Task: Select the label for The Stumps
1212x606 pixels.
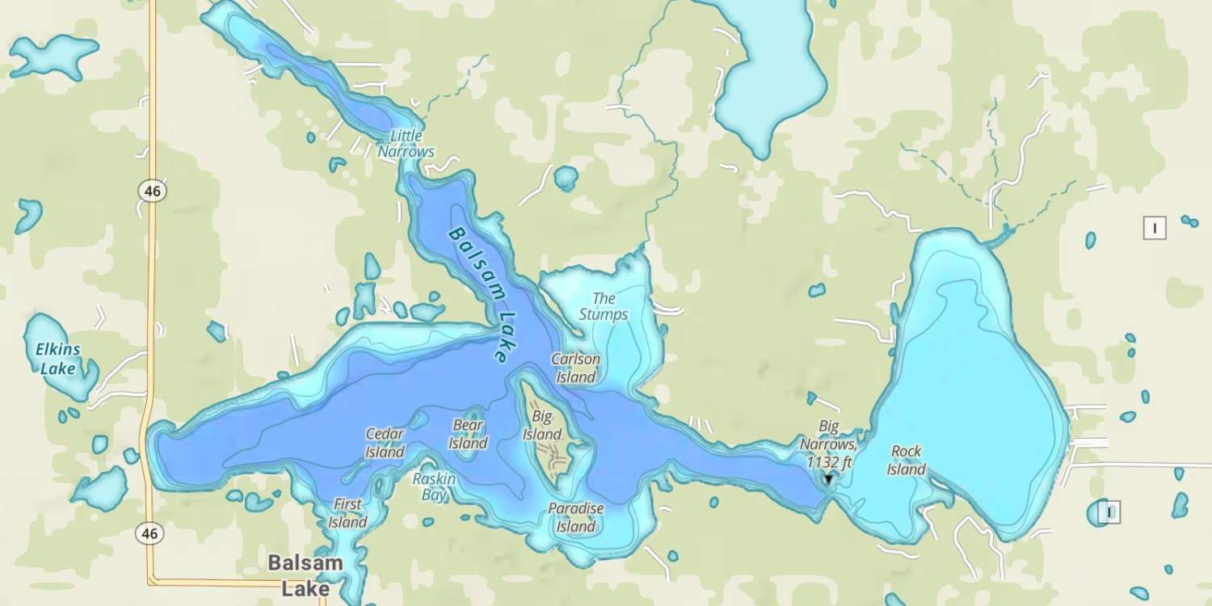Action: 604,307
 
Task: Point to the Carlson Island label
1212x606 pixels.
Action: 575,368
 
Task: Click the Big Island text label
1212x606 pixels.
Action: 542,426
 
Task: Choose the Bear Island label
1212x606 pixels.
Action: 468,434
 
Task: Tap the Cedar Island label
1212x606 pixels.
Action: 385,443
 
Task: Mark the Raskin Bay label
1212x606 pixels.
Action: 434,486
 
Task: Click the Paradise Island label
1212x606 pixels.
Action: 575,517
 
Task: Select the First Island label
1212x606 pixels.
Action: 347,513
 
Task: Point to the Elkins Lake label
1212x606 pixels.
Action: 57,360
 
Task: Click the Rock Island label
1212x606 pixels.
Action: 906,461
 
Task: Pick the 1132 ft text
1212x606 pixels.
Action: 830,462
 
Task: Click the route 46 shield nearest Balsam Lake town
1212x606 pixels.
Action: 149,533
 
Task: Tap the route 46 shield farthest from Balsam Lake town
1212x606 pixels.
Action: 151,191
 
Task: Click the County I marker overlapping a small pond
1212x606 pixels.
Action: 1110,511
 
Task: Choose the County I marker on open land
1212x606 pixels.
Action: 1155,229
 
